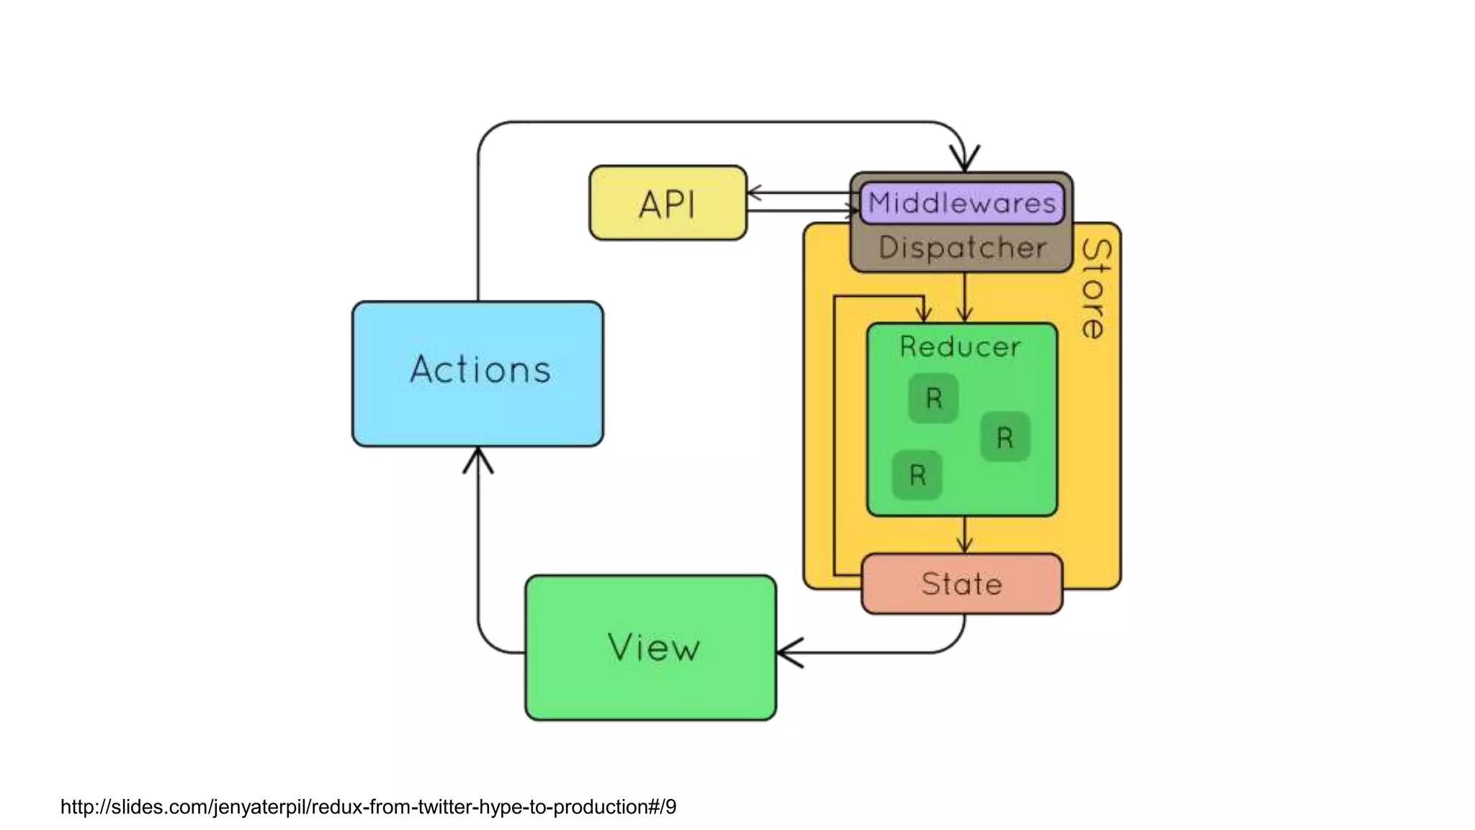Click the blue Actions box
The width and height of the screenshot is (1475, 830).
click(478, 373)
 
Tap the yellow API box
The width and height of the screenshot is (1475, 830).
click(668, 203)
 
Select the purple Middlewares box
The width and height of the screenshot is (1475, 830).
click(961, 203)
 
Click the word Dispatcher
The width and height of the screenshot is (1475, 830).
click(962, 248)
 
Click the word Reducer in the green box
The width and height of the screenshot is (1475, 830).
click(960, 347)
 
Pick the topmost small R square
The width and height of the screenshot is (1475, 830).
click(933, 398)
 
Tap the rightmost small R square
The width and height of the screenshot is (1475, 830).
click(1005, 437)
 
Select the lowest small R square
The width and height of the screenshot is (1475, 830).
click(917, 475)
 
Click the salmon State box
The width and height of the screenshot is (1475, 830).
click(961, 584)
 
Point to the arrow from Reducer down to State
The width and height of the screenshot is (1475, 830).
click(964, 535)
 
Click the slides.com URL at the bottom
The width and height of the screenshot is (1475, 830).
click(368, 806)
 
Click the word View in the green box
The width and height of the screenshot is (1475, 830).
click(653, 647)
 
